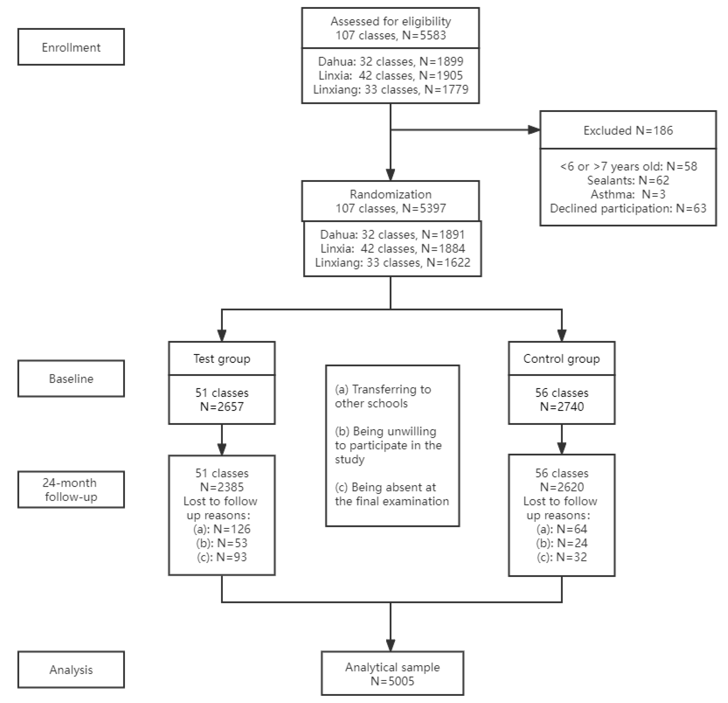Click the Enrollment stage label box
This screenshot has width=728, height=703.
[71, 47]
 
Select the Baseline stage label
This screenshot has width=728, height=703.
[71, 379]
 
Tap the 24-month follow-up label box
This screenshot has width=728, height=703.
[71, 489]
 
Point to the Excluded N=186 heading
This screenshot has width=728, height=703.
[628, 131]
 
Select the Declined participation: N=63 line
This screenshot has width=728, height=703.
[628, 208]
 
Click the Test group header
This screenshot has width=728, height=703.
[222, 359]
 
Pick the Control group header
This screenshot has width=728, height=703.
[561, 359]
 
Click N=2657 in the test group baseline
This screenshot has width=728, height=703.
[222, 407]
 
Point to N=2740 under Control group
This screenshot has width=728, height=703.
[561, 407]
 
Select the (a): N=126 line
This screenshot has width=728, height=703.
[222, 529]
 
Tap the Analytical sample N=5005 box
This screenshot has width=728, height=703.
[392, 674]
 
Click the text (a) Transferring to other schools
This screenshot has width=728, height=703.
[382, 396]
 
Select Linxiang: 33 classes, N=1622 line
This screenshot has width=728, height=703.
[392, 263]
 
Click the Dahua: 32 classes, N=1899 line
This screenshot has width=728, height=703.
[390, 61]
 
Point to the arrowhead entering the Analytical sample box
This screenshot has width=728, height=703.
[390, 645]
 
